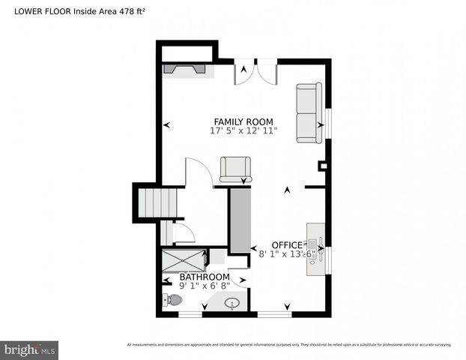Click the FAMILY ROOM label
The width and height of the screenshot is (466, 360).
pos(243,121)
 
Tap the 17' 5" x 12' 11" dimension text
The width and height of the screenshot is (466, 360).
pos(243,130)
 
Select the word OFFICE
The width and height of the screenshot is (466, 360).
pos(286,245)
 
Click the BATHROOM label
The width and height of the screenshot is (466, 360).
pos(204,277)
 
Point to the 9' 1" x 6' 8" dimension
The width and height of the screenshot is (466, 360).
pos(205,285)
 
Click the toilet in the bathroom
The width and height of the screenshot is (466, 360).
pos(172,300)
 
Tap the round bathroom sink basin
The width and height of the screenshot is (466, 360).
pos(233,304)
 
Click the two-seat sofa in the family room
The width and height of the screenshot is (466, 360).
pos(309,112)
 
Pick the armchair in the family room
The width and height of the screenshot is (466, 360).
pos(235,169)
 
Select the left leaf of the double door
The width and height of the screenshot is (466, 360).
pos(244,72)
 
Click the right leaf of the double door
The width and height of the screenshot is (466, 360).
pos(267,72)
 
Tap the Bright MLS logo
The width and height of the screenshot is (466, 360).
pos(30,349)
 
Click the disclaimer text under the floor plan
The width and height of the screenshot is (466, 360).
pos(289,344)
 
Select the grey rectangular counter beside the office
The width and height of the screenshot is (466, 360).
pos(239,220)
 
